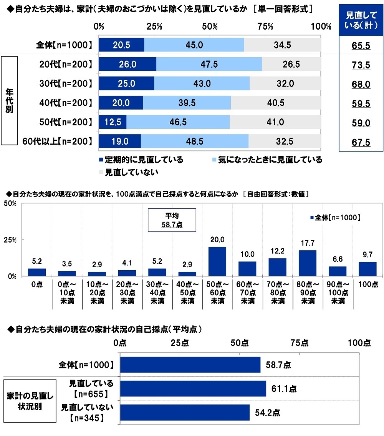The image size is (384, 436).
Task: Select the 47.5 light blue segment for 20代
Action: tap(209, 65)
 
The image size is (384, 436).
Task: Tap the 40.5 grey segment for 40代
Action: tap(275, 103)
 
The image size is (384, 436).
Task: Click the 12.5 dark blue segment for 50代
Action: tap(113, 122)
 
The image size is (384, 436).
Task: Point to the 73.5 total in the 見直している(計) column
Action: tap(361, 65)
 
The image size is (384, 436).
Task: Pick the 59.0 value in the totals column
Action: tap(361, 123)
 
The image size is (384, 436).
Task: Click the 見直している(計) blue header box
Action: tap(361, 20)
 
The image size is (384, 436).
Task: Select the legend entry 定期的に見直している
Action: tap(141, 160)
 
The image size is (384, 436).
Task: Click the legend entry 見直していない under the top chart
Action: tap(128, 172)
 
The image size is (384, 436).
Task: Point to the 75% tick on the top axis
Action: tap(265, 27)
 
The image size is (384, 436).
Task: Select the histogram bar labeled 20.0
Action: tap(217, 261)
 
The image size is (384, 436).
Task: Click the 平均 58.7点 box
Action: tap(172, 220)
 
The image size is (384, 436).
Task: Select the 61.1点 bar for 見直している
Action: tap(193, 389)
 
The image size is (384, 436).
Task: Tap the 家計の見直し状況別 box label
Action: tap(26, 401)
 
